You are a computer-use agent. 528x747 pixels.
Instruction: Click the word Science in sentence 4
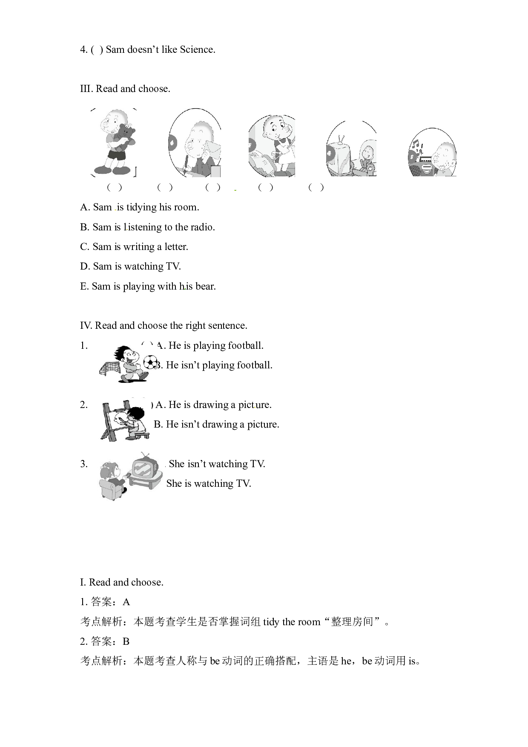198,49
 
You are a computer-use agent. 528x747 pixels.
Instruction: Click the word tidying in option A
141,207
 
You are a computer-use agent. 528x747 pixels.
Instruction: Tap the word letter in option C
176,247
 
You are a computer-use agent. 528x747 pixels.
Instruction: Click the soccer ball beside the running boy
150,362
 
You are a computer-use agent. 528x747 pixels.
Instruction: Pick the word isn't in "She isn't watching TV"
197,464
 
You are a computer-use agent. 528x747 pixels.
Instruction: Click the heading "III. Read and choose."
125,89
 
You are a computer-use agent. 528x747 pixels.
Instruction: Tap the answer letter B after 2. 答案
126,641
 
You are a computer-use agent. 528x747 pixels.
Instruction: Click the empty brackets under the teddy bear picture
115,187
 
